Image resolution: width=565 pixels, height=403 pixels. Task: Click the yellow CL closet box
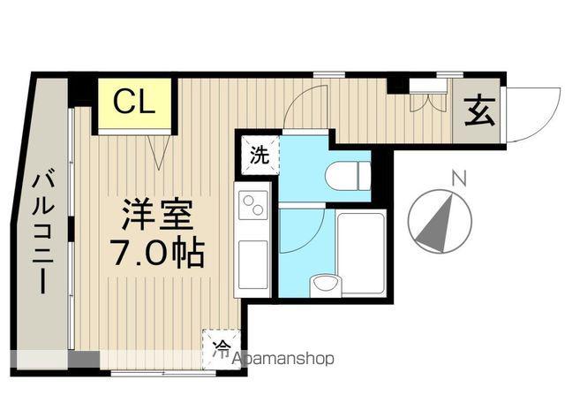coord(132,103)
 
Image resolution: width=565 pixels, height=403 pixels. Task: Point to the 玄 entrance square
coord(478,112)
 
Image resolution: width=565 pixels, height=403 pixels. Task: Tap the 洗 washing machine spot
coord(259,156)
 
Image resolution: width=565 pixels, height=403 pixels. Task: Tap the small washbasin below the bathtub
coord(324,285)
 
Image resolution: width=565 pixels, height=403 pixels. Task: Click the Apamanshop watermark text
coord(282,359)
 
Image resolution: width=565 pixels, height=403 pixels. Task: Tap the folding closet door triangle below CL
coord(160,151)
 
